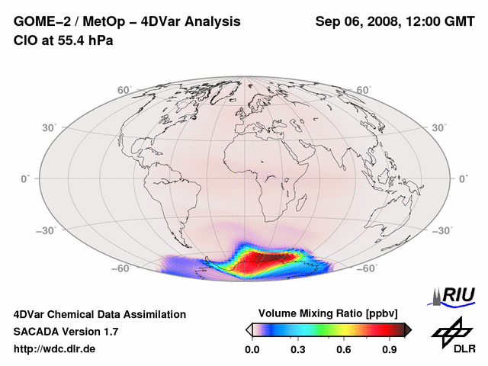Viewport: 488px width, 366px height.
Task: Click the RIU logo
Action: click(x=454, y=294)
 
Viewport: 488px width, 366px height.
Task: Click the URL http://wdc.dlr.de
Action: click(x=55, y=349)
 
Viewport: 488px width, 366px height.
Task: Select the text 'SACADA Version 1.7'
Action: click(x=66, y=332)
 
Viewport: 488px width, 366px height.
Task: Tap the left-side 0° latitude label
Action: click(x=25, y=178)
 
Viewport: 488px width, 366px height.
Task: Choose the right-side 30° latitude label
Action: click(x=439, y=127)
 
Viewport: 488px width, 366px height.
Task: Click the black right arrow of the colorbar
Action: click(x=408, y=329)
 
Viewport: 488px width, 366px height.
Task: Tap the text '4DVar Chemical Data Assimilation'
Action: click(x=99, y=314)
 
